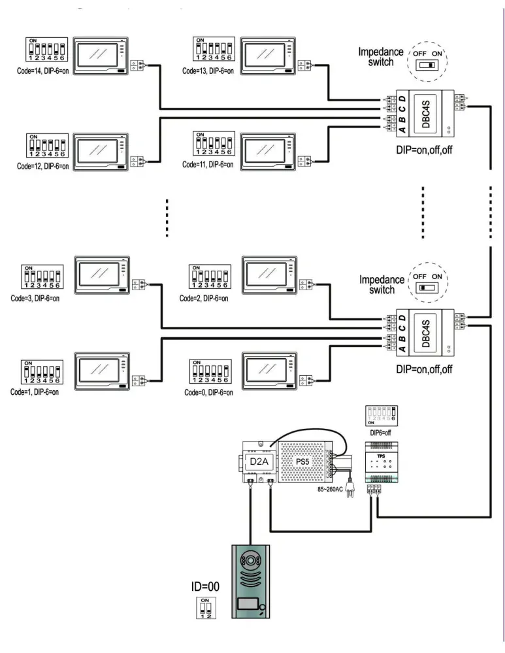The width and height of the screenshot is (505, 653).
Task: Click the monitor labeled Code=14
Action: (99, 57)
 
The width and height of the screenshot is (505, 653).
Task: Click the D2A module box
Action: (257, 462)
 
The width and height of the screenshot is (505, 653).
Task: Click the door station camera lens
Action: (250, 561)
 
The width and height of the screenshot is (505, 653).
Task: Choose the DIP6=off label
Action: (380, 432)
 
